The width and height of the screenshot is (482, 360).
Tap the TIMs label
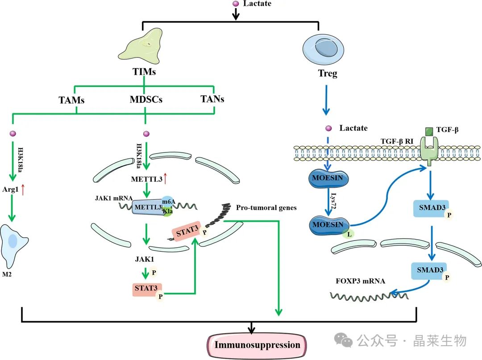click(x=144, y=71)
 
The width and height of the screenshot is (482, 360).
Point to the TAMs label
click(x=71, y=99)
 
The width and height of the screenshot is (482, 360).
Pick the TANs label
click(x=212, y=99)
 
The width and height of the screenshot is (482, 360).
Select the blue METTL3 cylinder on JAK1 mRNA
click(x=146, y=207)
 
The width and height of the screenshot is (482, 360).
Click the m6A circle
click(x=168, y=202)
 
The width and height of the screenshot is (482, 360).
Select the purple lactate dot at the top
click(x=237, y=4)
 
